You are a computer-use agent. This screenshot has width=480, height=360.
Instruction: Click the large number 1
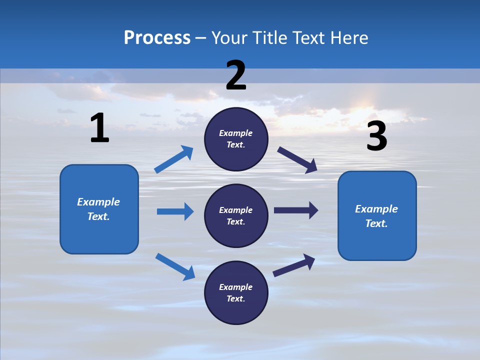coord(99,128)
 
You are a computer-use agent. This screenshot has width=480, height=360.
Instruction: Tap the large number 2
coord(236,75)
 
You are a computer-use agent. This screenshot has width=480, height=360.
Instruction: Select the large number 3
coord(376,136)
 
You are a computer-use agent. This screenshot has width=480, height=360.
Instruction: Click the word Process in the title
coord(157,37)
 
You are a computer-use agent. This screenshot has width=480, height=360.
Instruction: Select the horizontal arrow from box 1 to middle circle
coord(175,211)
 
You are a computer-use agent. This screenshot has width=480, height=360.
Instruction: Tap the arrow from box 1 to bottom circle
coord(175,266)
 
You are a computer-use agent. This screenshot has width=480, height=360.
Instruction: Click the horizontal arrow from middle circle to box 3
coord(296,210)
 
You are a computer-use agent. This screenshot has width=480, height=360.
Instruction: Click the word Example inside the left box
coord(98,202)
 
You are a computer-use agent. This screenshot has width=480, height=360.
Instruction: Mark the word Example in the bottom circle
coord(235,287)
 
